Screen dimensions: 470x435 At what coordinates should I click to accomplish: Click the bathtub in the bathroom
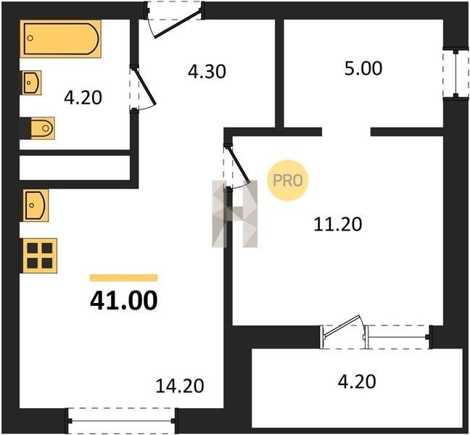pos(60,38)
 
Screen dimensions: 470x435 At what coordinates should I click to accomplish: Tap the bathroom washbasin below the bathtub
pos(31,83)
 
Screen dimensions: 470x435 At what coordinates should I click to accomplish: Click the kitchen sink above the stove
pos(36,205)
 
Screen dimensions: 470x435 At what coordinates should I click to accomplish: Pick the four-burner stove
pos(40,255)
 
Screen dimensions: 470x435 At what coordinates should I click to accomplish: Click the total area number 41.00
pos(123,300)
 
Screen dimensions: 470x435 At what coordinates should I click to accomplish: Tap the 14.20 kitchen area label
pos(180,386)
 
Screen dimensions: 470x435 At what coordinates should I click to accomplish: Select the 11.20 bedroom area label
pos(338,224)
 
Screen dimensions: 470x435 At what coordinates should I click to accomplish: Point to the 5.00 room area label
pos(363,68)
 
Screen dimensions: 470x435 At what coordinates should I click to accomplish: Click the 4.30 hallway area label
pos(207,72)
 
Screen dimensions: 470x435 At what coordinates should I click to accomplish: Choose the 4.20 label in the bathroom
pos(83,98)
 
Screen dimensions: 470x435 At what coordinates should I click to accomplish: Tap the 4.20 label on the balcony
pos(357,381)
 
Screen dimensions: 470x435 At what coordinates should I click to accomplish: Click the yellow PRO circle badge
pos(288,181)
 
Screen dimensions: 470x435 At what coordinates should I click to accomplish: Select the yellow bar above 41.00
pos(123,278)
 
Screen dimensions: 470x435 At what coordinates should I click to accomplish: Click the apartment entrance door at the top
pos(177,24)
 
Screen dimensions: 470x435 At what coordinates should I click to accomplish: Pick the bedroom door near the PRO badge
pos(239,164)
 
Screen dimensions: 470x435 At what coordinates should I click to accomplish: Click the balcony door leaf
pos(342,326)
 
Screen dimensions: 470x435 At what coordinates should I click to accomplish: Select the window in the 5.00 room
pos(456,74)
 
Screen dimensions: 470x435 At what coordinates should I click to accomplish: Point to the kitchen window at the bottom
pos(122,421)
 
